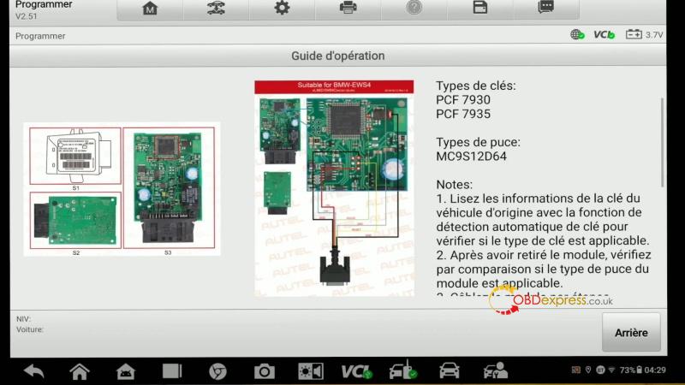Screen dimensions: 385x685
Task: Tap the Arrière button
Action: pos(631,333)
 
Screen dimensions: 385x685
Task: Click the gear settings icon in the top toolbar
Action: pos(282,9)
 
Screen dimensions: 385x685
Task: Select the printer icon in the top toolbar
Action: pos(348,9)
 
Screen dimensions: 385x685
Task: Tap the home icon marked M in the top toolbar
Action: pos(150,9)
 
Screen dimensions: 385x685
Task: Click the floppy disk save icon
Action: pos(480,8)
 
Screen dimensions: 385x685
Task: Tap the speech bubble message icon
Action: pos(545,8)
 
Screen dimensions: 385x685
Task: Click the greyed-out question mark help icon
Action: pos(414,8)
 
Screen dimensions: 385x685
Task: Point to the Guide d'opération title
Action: pos(337,56)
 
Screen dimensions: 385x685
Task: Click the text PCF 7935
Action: pos(463,114)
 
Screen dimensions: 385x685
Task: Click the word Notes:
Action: pos(454,185)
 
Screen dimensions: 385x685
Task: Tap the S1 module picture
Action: pos(74,155)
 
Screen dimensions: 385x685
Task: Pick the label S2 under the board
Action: pos(75,253)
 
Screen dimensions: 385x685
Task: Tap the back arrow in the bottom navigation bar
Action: pos(34,371)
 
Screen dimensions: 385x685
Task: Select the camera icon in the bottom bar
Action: pos(264,371)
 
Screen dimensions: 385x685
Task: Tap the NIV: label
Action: pos(24,319)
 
